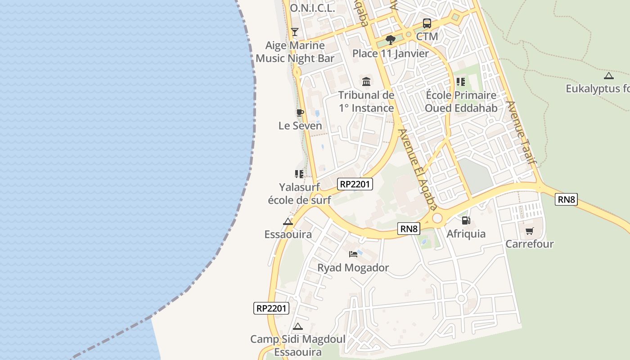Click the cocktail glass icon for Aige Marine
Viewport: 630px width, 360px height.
[295, 31]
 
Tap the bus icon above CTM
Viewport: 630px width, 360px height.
[427, 23]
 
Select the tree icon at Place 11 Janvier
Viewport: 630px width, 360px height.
[390, 40]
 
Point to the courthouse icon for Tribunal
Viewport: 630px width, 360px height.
[366, 82]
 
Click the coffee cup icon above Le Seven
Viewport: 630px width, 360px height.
[300, 112]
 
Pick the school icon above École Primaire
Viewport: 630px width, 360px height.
[461, 82]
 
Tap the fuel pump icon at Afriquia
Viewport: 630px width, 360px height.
[466, 220]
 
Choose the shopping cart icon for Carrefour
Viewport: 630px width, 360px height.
[529, 231]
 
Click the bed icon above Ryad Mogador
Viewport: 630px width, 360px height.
[353, 254]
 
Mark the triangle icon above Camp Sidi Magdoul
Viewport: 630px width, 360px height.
[297, 326]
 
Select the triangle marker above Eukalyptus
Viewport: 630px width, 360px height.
[608, 76]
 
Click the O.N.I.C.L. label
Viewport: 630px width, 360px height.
[312, 8]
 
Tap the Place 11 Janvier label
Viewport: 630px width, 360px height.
[390, 54]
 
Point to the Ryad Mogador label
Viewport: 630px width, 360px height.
[353, 268]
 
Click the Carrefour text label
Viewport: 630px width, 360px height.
[529, 244]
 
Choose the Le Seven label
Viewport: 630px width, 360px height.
[300, 126]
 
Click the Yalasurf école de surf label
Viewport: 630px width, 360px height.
[299, 193]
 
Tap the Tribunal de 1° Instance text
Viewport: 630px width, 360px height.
[366, 102]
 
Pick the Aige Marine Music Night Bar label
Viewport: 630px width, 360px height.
[295, 52]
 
